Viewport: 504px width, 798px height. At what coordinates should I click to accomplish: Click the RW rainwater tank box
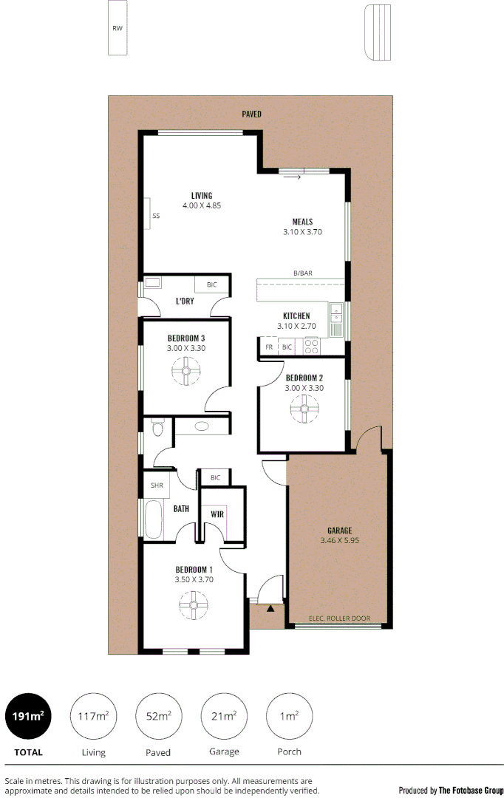click(117, 28)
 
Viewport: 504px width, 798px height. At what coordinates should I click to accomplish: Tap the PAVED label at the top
click(251, 114)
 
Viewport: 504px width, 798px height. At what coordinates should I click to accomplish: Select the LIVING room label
click(202, 196)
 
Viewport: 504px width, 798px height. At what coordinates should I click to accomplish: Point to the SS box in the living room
click(155, 216)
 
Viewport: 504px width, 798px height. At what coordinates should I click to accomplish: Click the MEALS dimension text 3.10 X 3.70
click(302, 232)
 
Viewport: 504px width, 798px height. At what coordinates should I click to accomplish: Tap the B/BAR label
click(303, 273)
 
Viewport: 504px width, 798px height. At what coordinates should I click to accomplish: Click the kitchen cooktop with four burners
click(311, 346)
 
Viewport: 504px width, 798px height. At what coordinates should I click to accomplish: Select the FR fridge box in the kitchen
click(269, 347)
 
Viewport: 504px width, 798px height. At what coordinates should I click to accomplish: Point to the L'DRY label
click(185, 301)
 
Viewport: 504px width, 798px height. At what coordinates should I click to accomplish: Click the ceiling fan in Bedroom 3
click(186, 371)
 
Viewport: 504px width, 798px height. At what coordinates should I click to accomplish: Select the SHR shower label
click(157, 485)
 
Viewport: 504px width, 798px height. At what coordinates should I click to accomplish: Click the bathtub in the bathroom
click(154, 519)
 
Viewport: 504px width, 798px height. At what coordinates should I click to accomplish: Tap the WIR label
click(217, 514)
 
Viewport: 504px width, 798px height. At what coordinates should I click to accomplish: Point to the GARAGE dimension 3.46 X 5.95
click(340, 541)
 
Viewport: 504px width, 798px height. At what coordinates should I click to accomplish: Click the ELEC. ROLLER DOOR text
click(339, 618)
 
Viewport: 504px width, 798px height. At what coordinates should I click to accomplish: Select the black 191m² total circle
click(28, 716)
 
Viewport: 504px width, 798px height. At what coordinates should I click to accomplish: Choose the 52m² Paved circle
click(158, 716)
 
